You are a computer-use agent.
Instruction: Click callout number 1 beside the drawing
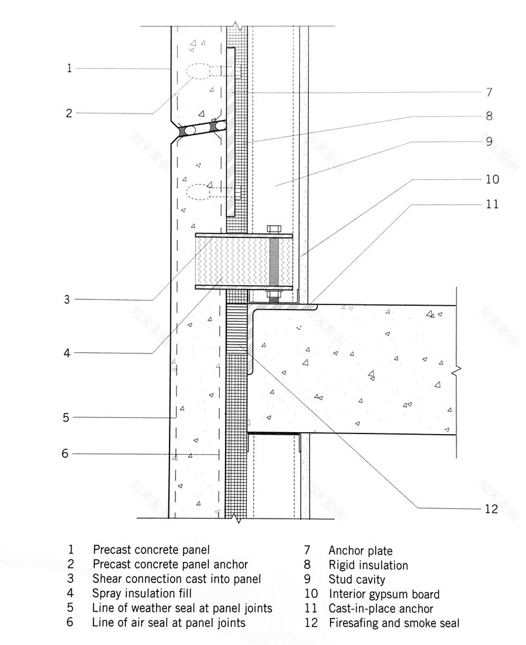click(70, 68)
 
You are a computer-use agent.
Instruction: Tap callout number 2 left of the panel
click(70, 114)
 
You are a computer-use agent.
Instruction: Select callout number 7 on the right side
click(489, 92)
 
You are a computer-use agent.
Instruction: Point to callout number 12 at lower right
click(491, 509)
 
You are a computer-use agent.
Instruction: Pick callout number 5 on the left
click(66, 417)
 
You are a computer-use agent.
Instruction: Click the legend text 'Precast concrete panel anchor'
click(170, 564)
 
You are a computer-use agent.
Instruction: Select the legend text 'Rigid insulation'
click(368, 566)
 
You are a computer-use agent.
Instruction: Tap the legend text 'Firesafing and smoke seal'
click(394, 623)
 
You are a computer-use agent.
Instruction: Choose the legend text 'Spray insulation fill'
click(142, 593)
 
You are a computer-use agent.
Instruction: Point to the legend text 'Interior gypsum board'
click(384, 594)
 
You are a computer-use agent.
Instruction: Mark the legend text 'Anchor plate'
click(360, 551)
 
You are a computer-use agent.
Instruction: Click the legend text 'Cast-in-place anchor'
click(380, 608)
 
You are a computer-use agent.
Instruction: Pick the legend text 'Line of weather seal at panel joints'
click(182, 608)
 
